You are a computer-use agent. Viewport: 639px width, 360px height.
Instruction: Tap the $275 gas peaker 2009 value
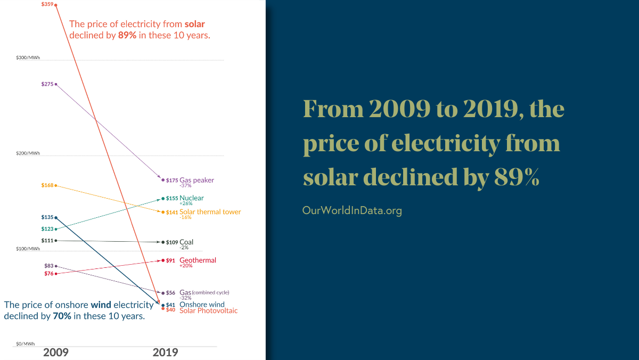click(x=47, y=84)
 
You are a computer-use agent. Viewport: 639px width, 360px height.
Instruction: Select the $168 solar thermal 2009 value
click(x=47, y=185)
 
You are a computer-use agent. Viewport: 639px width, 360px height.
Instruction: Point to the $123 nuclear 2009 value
click(x=47, y=229)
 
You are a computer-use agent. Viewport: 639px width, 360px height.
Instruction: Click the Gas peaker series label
click(x=196, y=180)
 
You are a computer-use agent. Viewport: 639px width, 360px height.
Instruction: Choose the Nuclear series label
click(x=191, y=198)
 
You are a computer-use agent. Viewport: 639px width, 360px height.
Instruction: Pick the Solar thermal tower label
click(x=210, y=212)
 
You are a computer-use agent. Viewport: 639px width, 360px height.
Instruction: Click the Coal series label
click(x=186, y=242)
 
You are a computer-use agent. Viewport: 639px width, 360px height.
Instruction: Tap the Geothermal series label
click(x=198, y=260)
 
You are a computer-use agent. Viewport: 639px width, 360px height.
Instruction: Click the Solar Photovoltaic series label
click(x=208, y=310)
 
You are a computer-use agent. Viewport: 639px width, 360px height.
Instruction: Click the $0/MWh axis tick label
click(x=25, y=344)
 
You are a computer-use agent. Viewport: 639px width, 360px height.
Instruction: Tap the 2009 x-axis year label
click(x=56, y=353)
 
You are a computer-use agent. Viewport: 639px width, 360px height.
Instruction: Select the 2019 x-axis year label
click(x=165, y=353)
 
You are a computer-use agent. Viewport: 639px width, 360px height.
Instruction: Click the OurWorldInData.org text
click(x=352, y=210)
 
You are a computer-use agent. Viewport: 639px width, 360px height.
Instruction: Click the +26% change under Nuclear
click(x=186, y=203)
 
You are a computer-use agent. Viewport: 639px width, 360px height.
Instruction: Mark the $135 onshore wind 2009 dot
click(x=56, y=217)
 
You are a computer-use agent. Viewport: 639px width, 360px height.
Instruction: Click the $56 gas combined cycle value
click(x=170, y=293)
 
